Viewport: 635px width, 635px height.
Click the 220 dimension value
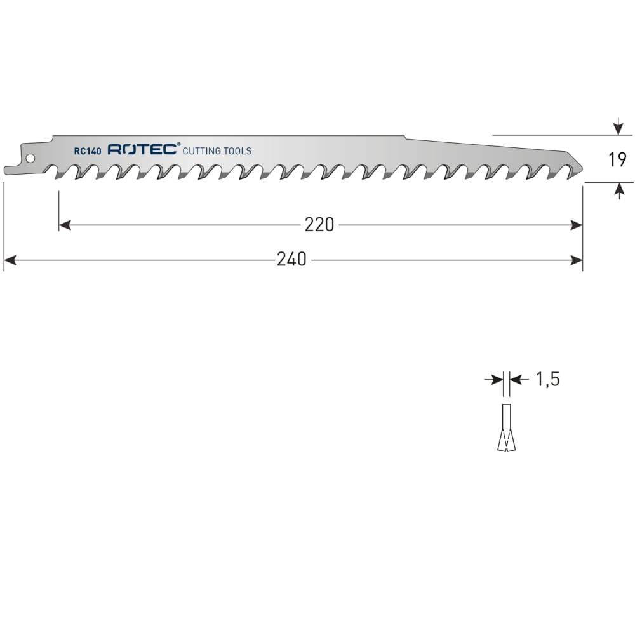click(319, 225)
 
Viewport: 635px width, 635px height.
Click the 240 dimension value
click(291, 260)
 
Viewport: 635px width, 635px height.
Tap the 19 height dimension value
click(617, 159)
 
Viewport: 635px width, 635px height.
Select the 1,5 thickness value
click(547, 380)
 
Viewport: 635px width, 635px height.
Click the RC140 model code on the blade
click(88, 151)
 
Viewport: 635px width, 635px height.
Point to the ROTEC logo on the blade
click(142, 149)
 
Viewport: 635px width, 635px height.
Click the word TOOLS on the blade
click(237, 151)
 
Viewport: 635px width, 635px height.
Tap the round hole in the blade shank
click(30, 158)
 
